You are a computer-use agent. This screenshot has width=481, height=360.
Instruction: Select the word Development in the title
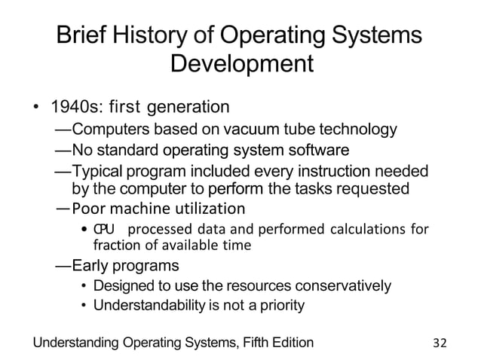coord(241,66)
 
